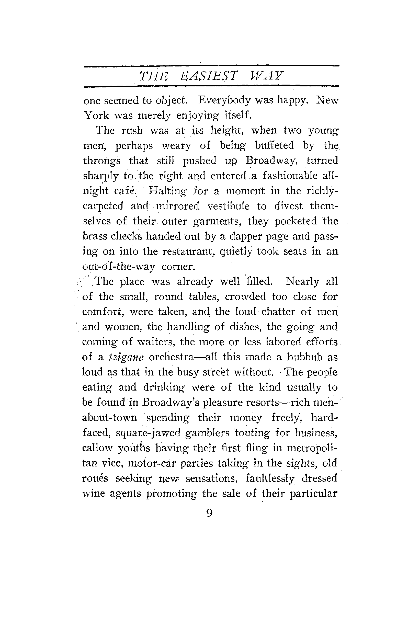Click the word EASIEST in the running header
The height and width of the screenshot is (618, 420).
coord(208,76)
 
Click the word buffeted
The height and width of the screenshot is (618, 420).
coord(274,145)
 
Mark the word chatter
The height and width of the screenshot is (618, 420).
coord(278,312)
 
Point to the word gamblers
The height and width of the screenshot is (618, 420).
coord(207,433)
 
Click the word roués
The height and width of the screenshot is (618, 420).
coord(95,478)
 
